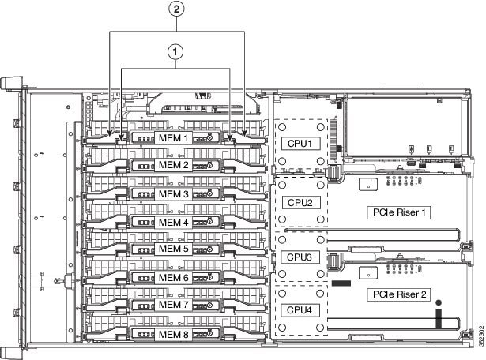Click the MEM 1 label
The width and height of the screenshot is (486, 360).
tap(174, 137)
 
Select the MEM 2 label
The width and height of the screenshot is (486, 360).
tap(174, 166)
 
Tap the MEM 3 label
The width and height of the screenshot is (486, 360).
tap(174, 193)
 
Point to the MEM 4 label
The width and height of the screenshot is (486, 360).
tap(174, 222)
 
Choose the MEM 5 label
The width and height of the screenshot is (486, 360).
tap(174, 249)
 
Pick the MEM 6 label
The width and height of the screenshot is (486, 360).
tap(174, 277)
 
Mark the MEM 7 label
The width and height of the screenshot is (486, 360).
tap(174, 305)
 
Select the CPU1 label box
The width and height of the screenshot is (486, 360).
tap(300, 144)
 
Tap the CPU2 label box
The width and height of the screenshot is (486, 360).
tap(300, 202)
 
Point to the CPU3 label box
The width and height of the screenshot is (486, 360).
tap(300, 257)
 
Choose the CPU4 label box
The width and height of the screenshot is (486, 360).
tap(300, 309)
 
